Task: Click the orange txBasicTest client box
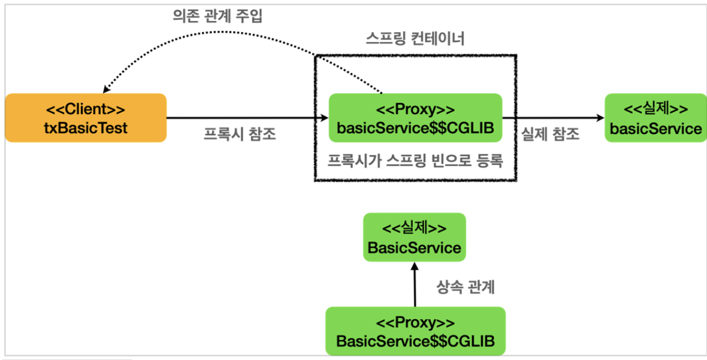[x=86, y=118]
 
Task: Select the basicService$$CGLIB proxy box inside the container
[x=415, y=118]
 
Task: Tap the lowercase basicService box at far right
[x=655, y=118]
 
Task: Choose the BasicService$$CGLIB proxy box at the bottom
[x=415, y=331]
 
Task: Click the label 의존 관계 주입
[x=217, y=16]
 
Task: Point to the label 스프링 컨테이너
[x=415, y=40]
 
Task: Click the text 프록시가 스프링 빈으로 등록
[x=415, y=160]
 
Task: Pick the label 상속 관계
[x=465, y=287]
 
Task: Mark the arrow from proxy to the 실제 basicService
[x=553, y=118]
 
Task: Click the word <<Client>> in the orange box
[x=86, y=109]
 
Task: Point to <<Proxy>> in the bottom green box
[x=415, y=322]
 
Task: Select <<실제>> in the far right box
[x=656, y=109]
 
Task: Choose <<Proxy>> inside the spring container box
[x=415, y=109]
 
